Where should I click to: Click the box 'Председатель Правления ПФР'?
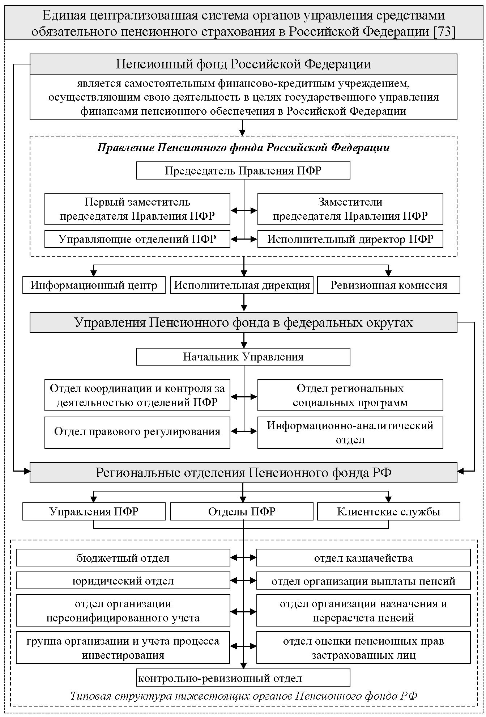pyautogui.click(x=243, y=170)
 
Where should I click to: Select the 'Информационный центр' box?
pyautogui.click(x=94, y=285)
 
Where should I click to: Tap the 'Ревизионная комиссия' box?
pyautogui.click(x=389, y=285)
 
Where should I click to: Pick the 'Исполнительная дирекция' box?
pyautogui.click(x=242, y=285)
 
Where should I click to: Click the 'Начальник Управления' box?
pyautogui.click(x=243, y=357)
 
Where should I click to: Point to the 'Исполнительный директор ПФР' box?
pyautogui.click(x=350, y=239)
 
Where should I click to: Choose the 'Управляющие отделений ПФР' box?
pyautogui.click(x=137, y=239)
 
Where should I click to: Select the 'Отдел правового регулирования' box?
pyautogui.click(x=137, y=432)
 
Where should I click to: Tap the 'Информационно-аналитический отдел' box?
pyautogui.click(x=350, y=433)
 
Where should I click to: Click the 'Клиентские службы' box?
pyautogui.click(x=389, y=512)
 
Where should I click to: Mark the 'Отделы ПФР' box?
pyautogui.click(x=242, y=512)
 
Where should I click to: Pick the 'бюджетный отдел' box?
pyautogui.click(x=123, y=558)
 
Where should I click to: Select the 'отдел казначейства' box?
pyautogui.click(x=363, y=558)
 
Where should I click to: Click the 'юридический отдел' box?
pyautogui.click(x=123, y=581)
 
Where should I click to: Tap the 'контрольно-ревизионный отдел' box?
pyautogui.click(x=243, y=678)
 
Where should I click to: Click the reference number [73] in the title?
pyautogui.click(x=444, y=31)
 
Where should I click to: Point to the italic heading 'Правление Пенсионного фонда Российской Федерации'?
pyautogui.click(x=243, y=148)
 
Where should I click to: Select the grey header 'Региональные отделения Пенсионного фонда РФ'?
pyautogui.click(x=243, y=473)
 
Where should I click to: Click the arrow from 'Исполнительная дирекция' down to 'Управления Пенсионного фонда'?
pyautogui.click(x=244, y=303)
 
